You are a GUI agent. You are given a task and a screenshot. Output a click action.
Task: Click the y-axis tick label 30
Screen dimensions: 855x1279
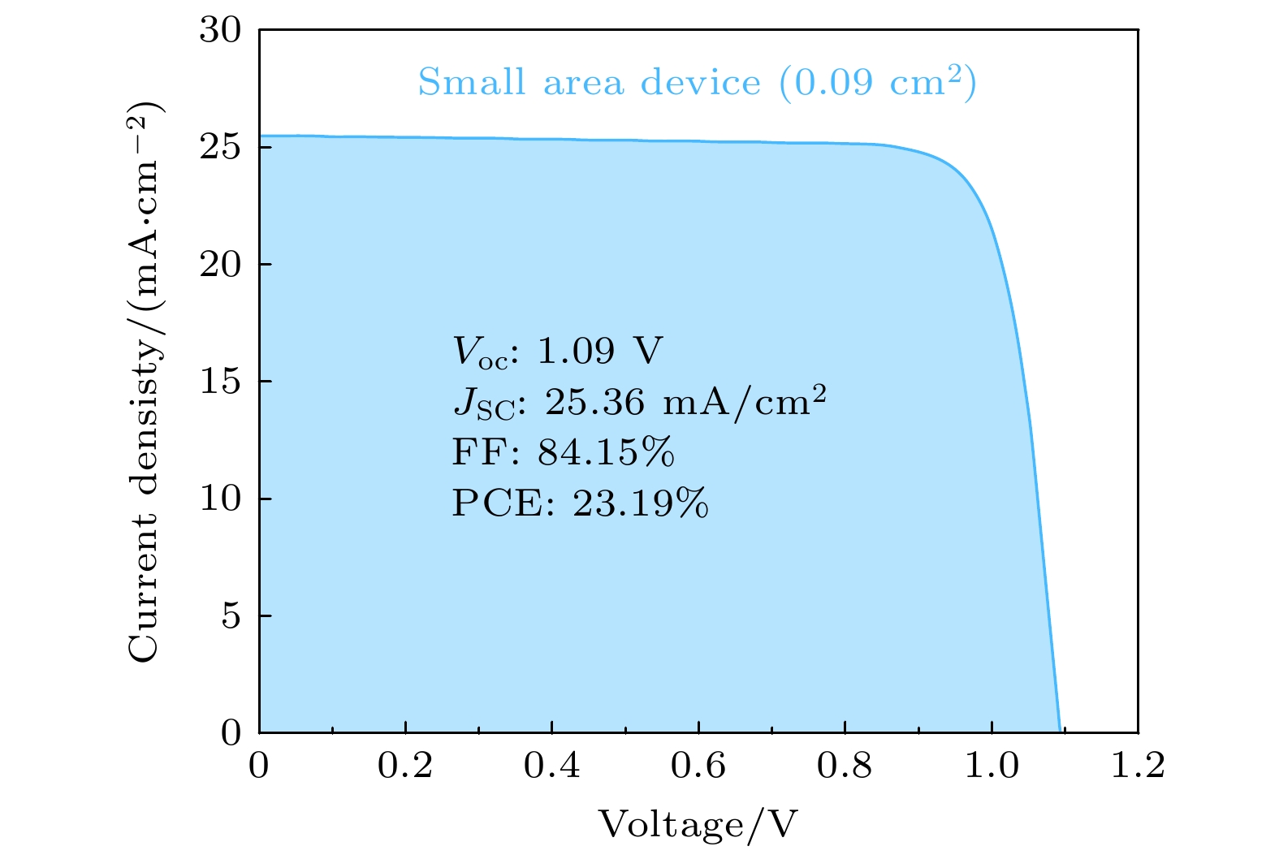point(220,31)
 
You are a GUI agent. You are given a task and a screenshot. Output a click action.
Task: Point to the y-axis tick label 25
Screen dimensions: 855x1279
point(220,148)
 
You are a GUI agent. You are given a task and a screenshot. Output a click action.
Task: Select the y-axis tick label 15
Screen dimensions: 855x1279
point(220,382)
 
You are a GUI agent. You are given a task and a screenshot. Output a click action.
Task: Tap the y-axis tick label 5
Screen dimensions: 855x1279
point(231,616)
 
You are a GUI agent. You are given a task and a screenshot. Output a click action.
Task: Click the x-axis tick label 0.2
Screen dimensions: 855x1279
point(405,766)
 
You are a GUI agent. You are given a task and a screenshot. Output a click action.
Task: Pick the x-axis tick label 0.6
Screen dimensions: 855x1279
point(698,766)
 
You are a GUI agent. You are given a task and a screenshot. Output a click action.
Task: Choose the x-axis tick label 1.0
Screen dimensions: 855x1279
point(992,766)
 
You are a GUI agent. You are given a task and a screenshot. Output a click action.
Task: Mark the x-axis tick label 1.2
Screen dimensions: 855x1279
point(1137,766)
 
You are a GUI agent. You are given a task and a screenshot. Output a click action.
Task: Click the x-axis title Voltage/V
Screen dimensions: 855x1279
point(698,824)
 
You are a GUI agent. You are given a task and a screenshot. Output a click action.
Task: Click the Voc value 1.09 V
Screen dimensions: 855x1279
point(600,351)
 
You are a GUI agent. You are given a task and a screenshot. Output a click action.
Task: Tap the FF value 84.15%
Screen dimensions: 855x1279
point(606,453)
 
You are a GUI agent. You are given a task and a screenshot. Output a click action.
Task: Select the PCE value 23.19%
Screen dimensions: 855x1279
point(641,504)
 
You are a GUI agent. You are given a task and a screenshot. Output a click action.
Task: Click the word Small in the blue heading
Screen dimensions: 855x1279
point(472,83)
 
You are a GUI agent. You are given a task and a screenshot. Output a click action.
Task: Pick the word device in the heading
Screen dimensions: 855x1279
point(701,83)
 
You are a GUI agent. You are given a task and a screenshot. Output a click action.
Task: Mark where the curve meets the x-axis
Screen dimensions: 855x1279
point(1059,731)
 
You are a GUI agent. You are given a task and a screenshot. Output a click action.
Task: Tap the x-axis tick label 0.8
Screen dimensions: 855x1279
point(845,766)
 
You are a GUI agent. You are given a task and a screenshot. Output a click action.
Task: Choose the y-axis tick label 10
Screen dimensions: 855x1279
point(220,499)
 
